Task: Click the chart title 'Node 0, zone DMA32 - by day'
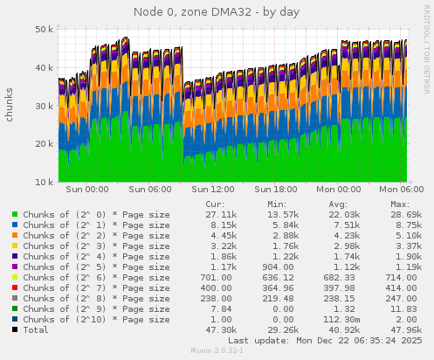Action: click(217, 11)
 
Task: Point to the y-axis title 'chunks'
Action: click(10, 105)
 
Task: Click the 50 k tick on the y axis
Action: click(42, 29)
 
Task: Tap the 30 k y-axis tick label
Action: click(42, 106)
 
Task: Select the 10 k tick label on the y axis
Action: click(42, 183)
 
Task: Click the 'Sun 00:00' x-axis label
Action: click(86, 189)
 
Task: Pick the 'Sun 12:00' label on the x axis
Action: click(213, 189)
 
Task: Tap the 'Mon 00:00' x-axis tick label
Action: click(340, 189)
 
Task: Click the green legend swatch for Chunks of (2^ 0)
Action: click(15, 214)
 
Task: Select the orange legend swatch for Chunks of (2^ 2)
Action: click(15, 235)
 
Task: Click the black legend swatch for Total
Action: click(15, 329)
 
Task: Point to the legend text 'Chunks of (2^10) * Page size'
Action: click(96, 319)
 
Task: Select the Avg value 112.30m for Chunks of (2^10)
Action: click(342, 319)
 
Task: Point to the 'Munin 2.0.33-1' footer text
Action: click(217, 351)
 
